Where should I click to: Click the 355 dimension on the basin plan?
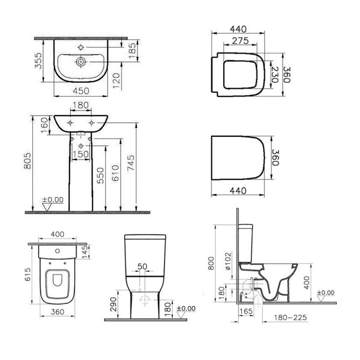(38, 61)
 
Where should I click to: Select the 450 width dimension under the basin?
(81, 91)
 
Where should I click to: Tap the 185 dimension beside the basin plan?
(132, 51)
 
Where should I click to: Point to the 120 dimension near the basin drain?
(117, 81)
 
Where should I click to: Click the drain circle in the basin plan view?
(81, 62)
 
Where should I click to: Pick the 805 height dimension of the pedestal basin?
(28, 161)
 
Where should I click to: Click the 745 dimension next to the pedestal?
(131, 163)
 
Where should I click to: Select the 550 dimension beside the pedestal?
(100, 175)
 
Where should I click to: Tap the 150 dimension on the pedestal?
(81, 154)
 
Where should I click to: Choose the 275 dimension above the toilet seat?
(240, 41)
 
